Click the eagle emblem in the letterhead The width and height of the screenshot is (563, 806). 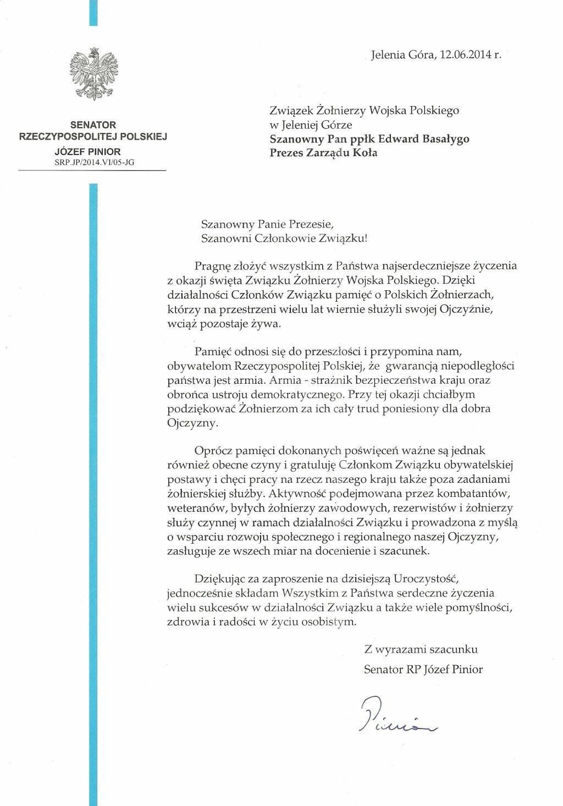(92, 74)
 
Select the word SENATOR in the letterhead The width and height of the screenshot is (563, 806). (92, 125)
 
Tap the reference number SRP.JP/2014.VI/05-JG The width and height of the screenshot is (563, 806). (92, 162)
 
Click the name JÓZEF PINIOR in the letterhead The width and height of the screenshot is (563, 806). (92, 152)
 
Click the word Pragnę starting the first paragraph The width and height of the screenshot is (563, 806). (214, 265)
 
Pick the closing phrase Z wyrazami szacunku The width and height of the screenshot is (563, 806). (421, 649)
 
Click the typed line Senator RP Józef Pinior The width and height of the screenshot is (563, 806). (423, 669)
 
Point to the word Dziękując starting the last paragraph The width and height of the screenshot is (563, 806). (219, 578)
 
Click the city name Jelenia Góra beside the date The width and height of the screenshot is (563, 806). (395, 54)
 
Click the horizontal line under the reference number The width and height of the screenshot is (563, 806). (92, 172)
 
